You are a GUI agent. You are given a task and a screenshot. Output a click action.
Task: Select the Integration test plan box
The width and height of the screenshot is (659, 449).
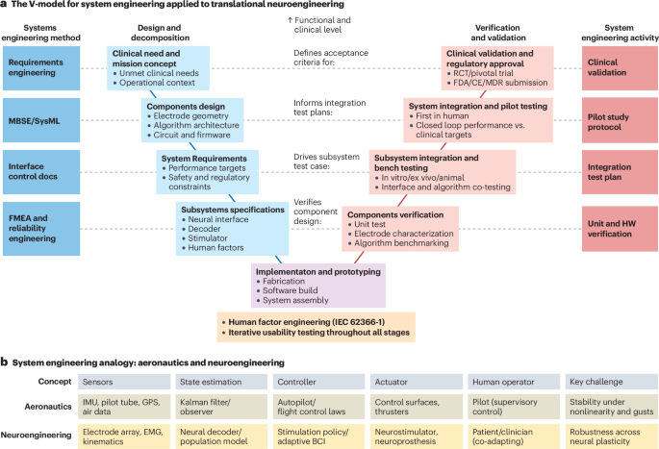pos(619,170)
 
